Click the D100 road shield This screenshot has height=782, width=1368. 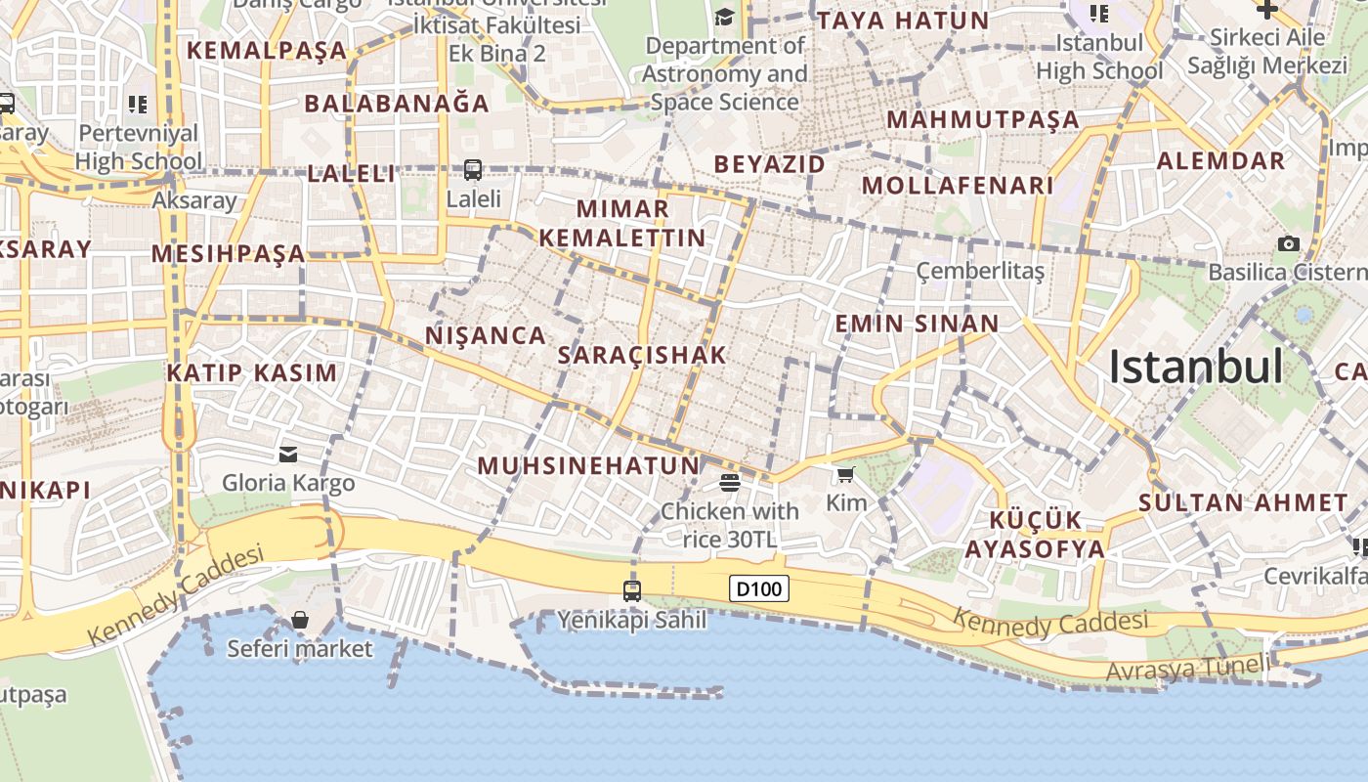pyautogui.click(x=759, y=589)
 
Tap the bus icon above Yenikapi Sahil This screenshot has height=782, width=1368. pyautogui.click(x=632, y=590)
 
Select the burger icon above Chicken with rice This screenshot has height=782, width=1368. pyautogui.click(x=730, y=482)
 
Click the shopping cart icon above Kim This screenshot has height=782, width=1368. pyautogui.click(x=846, y=475)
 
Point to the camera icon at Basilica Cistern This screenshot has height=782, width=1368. pyautogui.click(x=1289, y=243)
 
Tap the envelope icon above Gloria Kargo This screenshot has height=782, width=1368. pyautogui.click(x=288, y=454)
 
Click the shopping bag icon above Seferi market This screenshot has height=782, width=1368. pyautogui.click(x=300, y=620)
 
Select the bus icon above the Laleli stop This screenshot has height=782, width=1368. pyautogui.click(x=473, y=170)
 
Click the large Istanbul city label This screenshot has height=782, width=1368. pyautogui.click(x=1195, y=367)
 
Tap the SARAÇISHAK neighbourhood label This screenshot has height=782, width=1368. pyautogui.click(x=642, y=355)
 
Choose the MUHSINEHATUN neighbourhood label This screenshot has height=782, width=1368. pyautogui.click(x=589, y=466)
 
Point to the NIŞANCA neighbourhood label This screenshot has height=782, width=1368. pyautogui.click(x=486, y=336)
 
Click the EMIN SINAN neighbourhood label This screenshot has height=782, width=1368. pyautogui.click(x=917, y=324)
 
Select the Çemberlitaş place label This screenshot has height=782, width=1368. pyautogui.click(x=980, y=271)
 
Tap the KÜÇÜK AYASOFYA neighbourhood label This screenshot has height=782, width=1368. pyautogui.click(x=1035, y=534)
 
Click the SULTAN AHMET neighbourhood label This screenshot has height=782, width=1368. pyautogui.click(x=1243, y=503)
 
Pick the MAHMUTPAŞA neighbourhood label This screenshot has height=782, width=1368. pyautogui.click(x=983, y=120)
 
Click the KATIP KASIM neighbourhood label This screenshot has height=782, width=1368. pyautogui.click(x=251, y=372)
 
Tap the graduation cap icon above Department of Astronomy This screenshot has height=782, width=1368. pyautogui.click(x=724, y=17)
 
